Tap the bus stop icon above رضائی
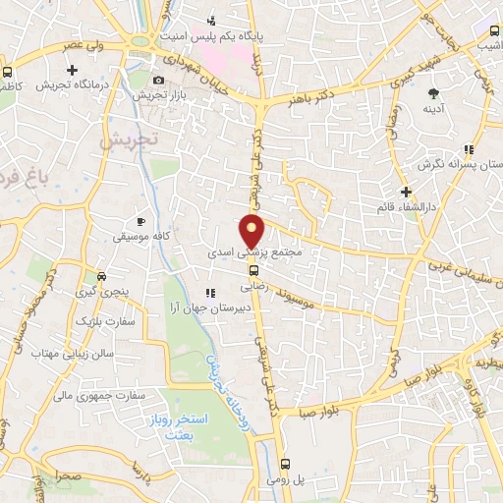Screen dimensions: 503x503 click(253, 270)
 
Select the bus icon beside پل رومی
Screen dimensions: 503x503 click(286, 463)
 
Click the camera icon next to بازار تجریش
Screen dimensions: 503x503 click(159, 80)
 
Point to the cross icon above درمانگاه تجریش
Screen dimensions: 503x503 click(73, 70)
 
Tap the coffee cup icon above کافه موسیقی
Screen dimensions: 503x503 click(140, 222)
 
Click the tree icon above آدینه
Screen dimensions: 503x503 click(433, 94)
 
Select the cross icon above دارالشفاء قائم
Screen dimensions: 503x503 click(405, 191)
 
